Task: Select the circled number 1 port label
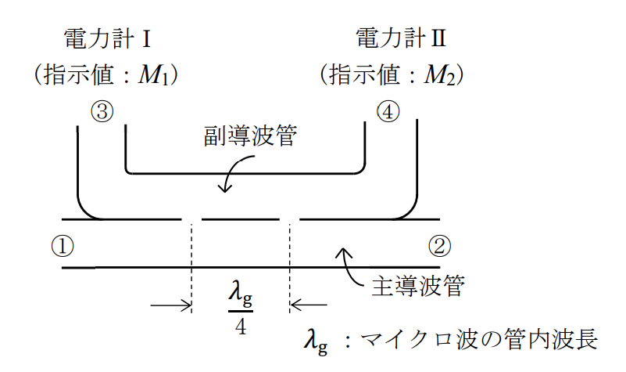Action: coord(63,246)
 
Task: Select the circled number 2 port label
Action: coord(440,246)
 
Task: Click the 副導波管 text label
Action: coord(249,136)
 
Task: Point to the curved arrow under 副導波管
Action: coord(235,174)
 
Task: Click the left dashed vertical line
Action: coord(191,266)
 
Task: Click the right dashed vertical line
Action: coord(290,266)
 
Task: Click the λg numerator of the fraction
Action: coord(241,295)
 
